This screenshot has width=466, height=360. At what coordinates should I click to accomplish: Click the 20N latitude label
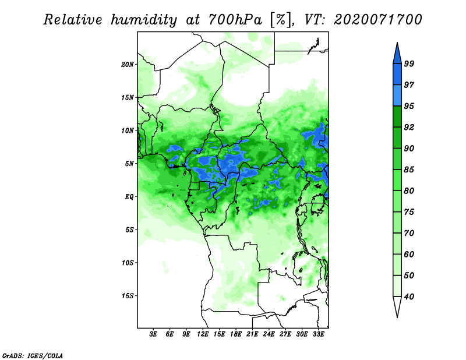128,65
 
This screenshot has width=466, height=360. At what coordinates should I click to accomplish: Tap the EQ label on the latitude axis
129,197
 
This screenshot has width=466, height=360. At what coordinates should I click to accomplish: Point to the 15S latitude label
128,296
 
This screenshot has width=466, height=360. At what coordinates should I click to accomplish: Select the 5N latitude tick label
129,164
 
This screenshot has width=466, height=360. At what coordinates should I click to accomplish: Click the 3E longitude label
153,334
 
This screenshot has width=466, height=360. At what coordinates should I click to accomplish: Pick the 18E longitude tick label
236,334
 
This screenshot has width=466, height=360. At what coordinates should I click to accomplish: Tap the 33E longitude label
318,334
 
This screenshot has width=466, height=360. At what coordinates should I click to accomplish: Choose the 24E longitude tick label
269,334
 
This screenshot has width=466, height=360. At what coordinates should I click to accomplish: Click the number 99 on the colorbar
409,63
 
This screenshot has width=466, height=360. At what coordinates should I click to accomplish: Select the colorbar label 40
409,297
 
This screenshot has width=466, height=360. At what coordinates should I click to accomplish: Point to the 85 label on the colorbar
409,170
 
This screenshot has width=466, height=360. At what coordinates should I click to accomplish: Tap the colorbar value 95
409,106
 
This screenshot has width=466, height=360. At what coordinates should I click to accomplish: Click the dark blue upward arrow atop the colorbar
397,55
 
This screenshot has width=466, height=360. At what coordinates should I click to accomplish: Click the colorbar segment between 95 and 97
397,96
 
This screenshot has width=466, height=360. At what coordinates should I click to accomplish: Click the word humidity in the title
144,20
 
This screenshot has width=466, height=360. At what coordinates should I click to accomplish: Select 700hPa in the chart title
235,20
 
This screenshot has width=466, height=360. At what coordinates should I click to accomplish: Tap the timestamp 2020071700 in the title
378,20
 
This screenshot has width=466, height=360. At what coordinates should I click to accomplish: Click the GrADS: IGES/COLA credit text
33,355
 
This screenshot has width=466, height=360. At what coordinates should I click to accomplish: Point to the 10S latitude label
128,263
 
